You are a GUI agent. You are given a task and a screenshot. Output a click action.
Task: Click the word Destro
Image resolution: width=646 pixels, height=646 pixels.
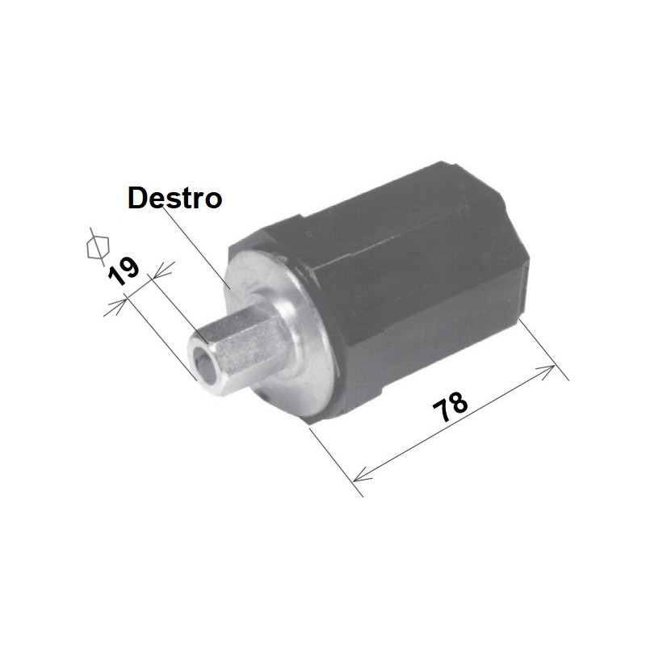(174, 198)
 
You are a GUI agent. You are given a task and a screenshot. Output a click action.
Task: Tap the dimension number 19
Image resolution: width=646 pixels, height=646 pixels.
(123, 271)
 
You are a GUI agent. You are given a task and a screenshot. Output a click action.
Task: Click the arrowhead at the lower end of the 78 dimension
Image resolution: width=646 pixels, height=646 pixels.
(362, 474)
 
